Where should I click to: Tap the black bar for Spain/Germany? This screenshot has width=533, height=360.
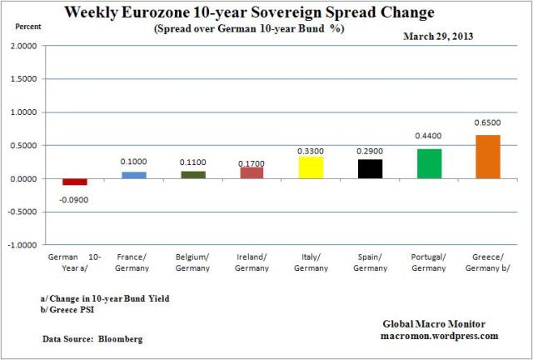(x=370, y=168)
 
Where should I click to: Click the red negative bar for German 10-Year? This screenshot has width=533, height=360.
(x=75, y=182)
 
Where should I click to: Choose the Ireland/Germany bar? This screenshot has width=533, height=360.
(x=252, y=172)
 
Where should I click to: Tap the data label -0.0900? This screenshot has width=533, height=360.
(x=74, y=200)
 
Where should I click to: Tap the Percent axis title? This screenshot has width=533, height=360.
(x=28, y=26)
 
